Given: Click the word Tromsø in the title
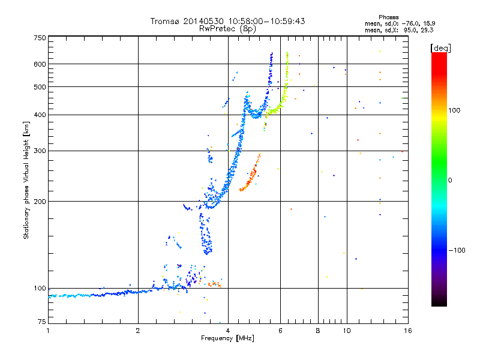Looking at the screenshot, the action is [164, 21].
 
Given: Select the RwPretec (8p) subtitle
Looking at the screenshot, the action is [227, 29].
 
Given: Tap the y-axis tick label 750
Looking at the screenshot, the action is [40, 38].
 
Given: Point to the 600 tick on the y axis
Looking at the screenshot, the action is [40, 64].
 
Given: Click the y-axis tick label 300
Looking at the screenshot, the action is [40, 151].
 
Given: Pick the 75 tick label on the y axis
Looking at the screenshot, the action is [42, 322].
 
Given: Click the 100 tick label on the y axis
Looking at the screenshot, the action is [40, 289].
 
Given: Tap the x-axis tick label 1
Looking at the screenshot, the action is [48, 331].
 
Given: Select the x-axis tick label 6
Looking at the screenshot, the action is [280, 331].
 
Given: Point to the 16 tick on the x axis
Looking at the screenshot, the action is [408, 331].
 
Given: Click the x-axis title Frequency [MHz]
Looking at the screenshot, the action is [227, 338].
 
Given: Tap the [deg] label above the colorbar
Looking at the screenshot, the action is [440, 48].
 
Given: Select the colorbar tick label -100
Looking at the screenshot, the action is [457, 250].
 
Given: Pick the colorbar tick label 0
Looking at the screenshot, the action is [450, 181].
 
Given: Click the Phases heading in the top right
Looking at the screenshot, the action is [388, 17].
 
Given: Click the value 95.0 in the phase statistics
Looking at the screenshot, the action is [410, 30].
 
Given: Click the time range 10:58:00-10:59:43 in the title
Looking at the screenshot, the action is [266, 21].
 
